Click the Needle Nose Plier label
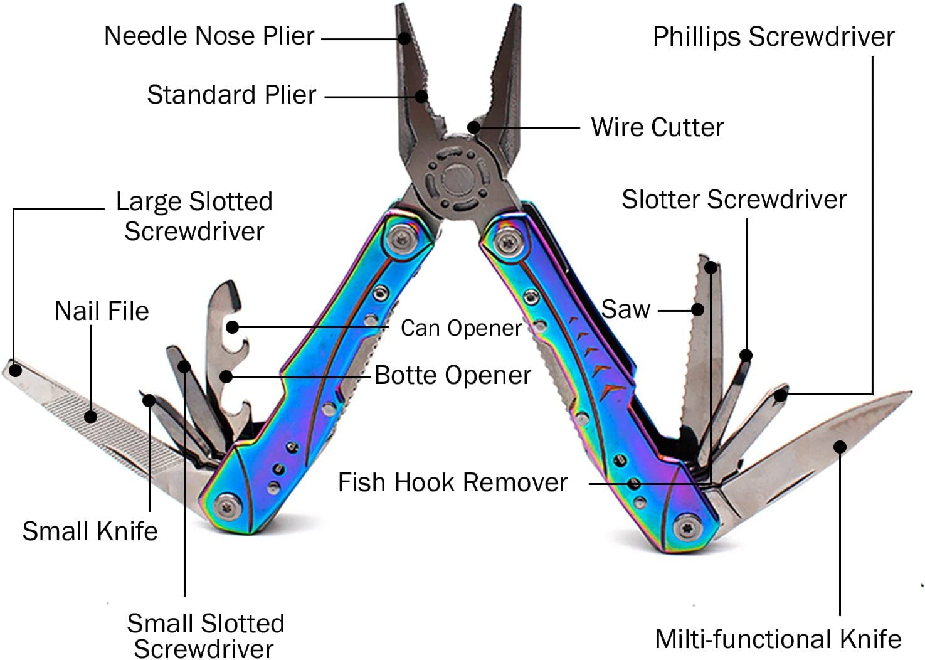(x=209, y=36)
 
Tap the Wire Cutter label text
(x=657, y=127)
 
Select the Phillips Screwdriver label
(x=773, y=37)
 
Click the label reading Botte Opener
(x=452, y=375)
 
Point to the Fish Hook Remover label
(x=452, y=482)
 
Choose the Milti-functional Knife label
(x=778, y=639)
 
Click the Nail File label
(x=102, y=311)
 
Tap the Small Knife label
(x=90, y=531)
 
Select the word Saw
(x=625, y=309)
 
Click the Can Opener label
(x=461, y=328)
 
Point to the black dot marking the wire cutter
(x=474, y=127)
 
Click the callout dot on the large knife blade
(x=840, y=446)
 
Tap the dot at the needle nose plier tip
(x=404, y=38)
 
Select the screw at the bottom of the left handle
(x=228, y=505)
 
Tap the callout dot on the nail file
(x=91, y=416)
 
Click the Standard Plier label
(x=231, y=95)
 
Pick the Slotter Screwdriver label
(x=734, y=200)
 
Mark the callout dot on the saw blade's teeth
(x=697, y=309)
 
